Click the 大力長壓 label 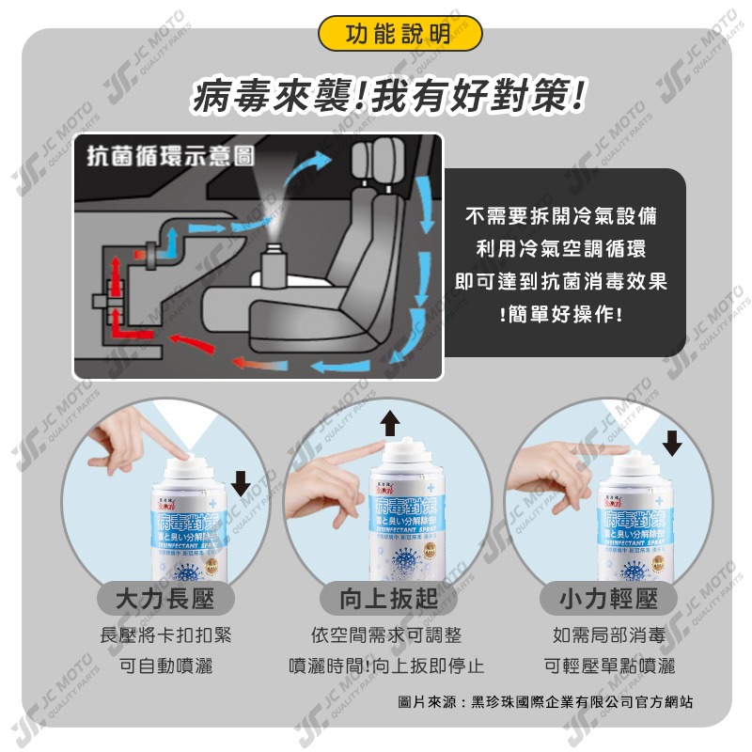(165, 599)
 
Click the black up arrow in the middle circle (388, 423)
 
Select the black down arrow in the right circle (672, 442)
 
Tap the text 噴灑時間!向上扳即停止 (386, 666)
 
